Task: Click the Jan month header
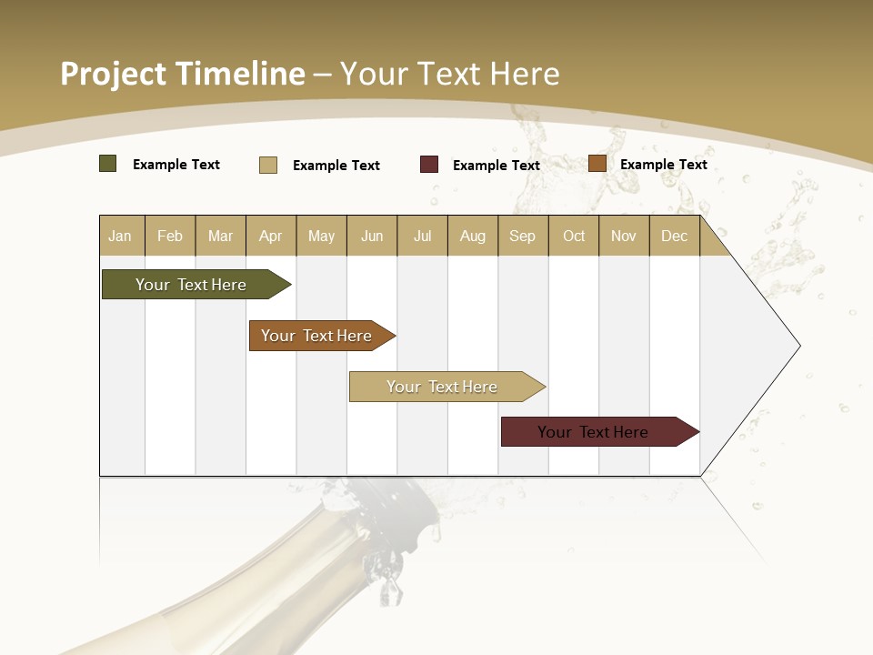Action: (x=120, y=236)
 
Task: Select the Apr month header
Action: (x=270, y=236)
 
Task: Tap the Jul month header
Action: (x=422, y=236)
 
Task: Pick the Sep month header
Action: (x=522, y=236)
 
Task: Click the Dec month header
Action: (x=674, y=236)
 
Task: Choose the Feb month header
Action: (x=170, y=236)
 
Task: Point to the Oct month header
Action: (x=574, y=236)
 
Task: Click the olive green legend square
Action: (x=107, y=164)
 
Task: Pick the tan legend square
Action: (x=268, y=165)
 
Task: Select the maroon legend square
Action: (x=429, y=165)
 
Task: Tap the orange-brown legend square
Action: (x=597, y=164)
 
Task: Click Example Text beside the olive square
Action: (x=176, y=165)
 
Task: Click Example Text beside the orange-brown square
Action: (x=664, y=165)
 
